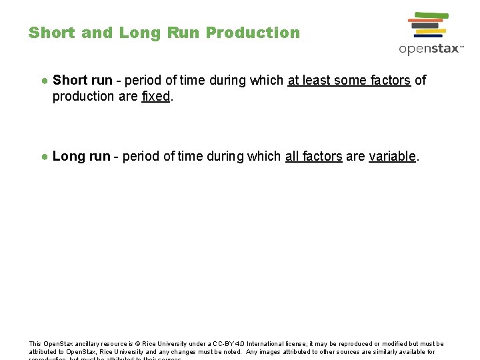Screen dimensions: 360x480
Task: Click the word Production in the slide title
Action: coord(253,33)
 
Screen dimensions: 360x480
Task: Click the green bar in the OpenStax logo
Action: coord(431,15)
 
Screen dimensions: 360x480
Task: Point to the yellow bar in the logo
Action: coord(431,31)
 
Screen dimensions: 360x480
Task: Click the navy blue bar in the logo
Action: coord(429,36)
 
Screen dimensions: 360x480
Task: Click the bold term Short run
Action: coord(82,80)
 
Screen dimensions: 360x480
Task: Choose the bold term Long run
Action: coord(81,156)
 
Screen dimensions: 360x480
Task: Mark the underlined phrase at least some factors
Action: coord(349,80)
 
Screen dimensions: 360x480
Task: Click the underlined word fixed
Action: coord(156,96)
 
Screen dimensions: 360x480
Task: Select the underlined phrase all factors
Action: coord(313,156)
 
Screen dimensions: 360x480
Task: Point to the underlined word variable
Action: coord(392,156)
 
